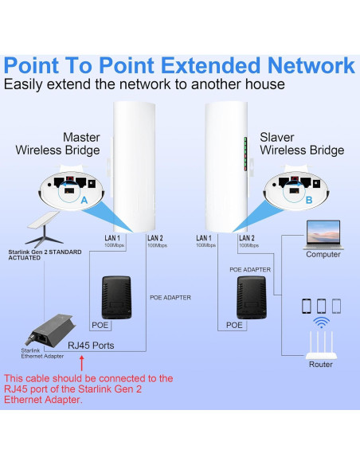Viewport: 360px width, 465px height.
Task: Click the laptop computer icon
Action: click(323, 235)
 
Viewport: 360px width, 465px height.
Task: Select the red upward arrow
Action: click(81, 365)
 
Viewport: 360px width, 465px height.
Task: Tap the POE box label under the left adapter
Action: click(100, 325)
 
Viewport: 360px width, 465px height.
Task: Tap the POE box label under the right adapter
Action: click(234, 325)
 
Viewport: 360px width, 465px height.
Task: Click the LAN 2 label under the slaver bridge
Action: click(247, 238)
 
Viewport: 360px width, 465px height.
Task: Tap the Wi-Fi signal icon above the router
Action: click(321, 322)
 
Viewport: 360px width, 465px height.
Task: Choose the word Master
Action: click(80, 137)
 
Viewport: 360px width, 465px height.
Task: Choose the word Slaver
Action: click(277, 137)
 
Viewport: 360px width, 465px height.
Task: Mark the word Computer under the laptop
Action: click(323, 255)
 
